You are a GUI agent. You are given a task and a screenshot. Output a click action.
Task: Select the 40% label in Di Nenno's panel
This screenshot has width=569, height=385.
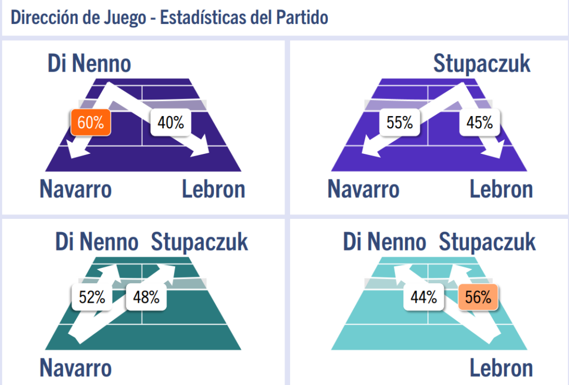(x=171, y=123)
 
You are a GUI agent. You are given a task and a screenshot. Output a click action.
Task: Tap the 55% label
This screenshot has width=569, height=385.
(x=400, y=123)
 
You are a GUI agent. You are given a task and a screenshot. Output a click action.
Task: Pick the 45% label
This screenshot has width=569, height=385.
(x=480, y=123)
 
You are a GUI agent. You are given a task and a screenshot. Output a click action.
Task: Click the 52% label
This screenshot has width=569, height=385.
(x=92, y=297)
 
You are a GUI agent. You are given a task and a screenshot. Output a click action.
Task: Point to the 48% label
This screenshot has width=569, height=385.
(x=146, y=297)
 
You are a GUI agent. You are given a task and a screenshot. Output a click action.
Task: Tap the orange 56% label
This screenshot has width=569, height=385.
(x=478, y=297)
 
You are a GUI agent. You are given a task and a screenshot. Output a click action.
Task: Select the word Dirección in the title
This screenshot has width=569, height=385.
(x=42, y=18)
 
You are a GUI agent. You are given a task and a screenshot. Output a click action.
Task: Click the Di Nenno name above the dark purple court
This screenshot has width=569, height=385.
(x=89, y=64)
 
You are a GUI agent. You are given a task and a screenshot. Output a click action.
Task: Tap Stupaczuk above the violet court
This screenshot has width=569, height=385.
(x=482, y=64)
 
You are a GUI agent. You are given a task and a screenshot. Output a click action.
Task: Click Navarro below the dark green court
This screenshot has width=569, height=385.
(x=76, y=368)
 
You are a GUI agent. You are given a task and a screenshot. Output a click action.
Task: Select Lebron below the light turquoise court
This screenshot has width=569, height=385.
(x=501, y=368)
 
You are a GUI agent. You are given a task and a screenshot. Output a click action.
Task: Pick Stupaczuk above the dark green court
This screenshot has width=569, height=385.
(x=199, y=243)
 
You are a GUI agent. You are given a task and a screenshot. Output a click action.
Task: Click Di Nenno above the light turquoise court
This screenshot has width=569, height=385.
(x=385, y=243)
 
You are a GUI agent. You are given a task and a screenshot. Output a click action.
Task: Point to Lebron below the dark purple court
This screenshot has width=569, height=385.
(x=213, y=190)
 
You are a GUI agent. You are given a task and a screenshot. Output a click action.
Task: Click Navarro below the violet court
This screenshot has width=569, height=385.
(x=363, y=190)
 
